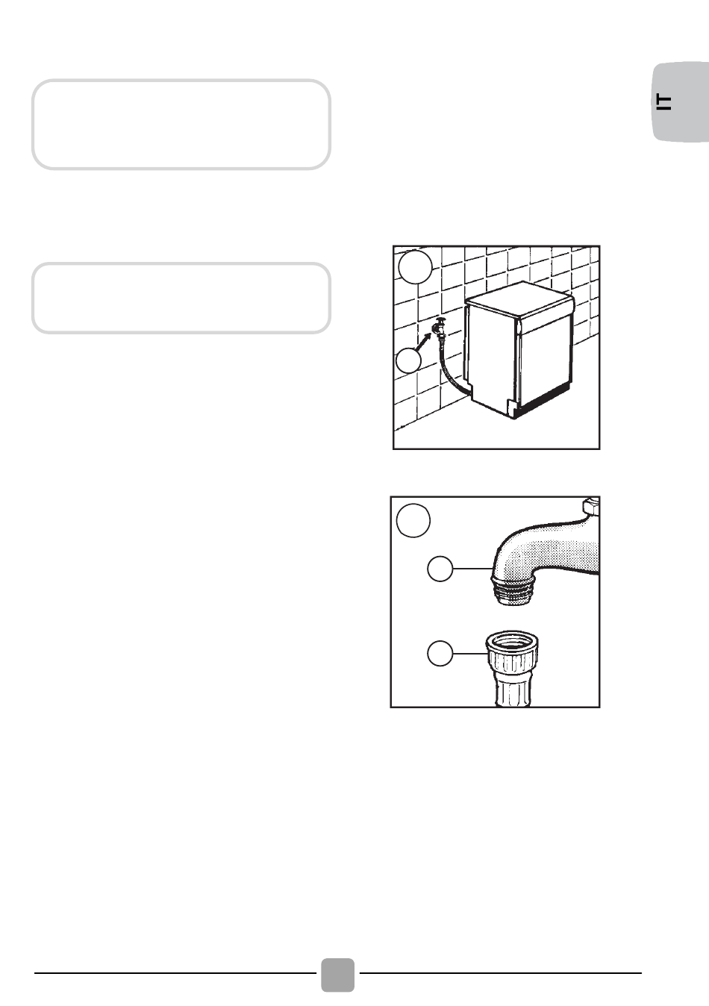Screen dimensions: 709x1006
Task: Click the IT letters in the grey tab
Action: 664,102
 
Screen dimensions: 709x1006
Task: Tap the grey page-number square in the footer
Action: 337,975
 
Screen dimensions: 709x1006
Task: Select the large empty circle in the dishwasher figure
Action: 416,267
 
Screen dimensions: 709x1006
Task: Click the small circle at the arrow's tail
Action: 408,360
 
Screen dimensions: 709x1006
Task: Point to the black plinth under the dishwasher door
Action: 543,401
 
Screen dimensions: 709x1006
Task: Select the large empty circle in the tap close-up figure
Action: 413,520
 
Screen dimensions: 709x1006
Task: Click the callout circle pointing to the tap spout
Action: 440,569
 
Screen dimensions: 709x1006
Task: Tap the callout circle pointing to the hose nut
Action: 440,653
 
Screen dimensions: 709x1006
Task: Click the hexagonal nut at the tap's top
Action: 591,507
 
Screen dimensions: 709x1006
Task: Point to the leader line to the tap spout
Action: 473,569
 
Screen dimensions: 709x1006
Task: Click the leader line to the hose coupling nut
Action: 469,653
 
